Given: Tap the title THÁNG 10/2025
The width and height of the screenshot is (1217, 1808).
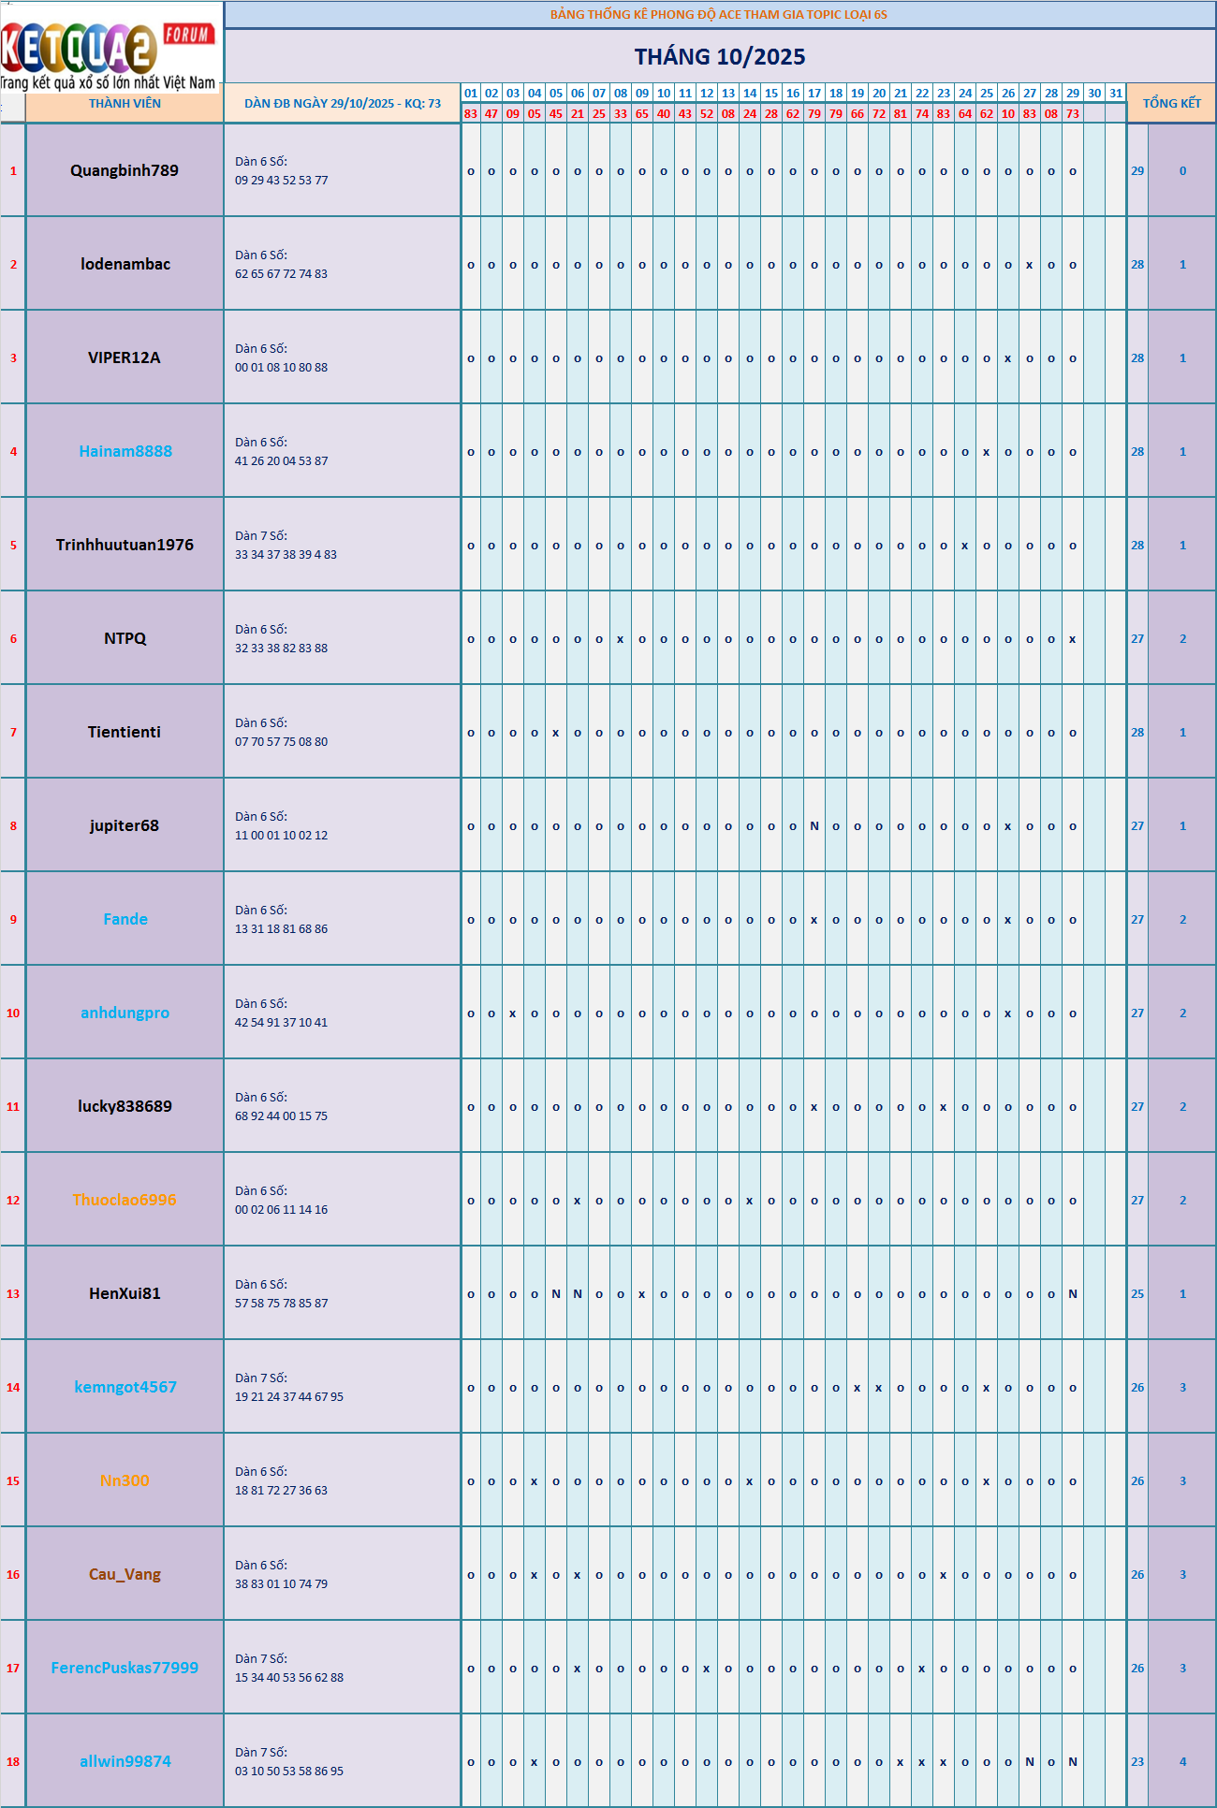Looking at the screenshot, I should pyautogui.click(x=719, y=57).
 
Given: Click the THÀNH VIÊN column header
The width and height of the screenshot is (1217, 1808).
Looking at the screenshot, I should pyautogui.click(x=125, y=104).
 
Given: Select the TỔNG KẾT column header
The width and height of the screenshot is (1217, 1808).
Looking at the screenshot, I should pyautogui.click(x=1171, y=104).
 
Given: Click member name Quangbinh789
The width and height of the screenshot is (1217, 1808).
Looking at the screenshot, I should pyautogui.click(x=125, y=170).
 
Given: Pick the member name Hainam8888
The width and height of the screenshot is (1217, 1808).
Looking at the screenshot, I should pyautogui.click(x=125, y=451).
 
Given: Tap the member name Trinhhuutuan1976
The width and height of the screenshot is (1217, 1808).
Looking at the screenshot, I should pyautogui.click(x=125, y=545).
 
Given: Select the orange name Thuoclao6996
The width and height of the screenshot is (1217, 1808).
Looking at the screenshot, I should pyautogui.click(x=125, y=1200).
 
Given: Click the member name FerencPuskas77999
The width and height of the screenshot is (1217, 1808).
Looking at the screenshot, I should pyautogui.click(x=125, y=1668).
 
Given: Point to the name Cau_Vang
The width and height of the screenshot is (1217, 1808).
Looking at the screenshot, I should pyautogui.click(x=125, y=1574).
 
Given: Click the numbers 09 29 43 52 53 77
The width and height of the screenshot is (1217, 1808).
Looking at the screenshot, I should pyautogui.click(x=281, y=181).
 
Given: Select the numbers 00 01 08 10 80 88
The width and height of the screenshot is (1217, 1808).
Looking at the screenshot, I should pyautogui.click(x=281, y=368).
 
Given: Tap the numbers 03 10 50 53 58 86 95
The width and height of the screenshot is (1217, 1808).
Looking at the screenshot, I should pyautogui.click(x=288, y=1772).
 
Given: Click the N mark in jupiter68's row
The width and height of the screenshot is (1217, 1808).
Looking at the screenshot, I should pyautogui.click(x=814, y=825).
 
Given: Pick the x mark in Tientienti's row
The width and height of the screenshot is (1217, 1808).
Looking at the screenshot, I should pyautogui.click(x=556, y=733).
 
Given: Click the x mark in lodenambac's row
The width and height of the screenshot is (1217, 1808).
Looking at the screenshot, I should pyautogui.click(x=1030, y=265).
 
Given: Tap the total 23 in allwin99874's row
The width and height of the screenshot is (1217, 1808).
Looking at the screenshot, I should pyautogui.click(x=1137, y=1761).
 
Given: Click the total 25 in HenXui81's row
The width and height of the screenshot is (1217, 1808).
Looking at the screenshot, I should pyautogui.click(x=1137, y=1293).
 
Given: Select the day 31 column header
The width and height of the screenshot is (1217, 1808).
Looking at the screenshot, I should pyautogui.click(x=1116, y=94).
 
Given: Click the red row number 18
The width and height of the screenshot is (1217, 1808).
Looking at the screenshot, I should pyautogui.click(x=13, y=1761).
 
